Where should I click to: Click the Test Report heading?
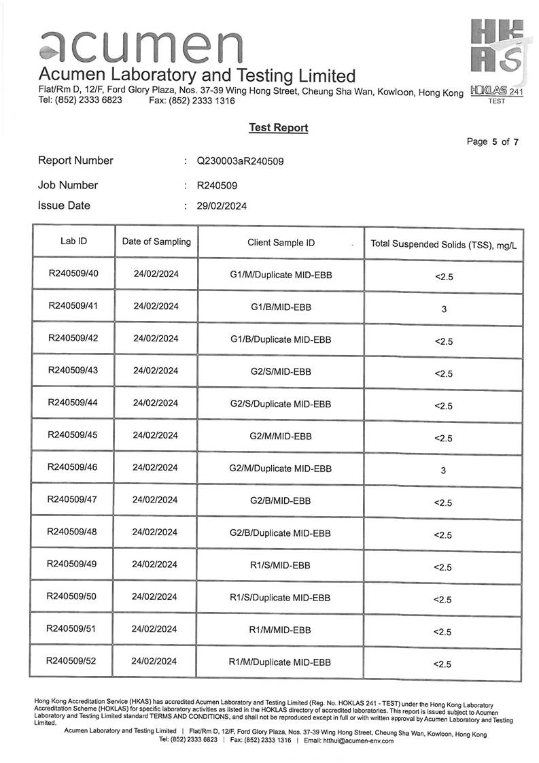(x=278, y=127)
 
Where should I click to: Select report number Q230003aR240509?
(x=240, y=161)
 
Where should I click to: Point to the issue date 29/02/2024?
(x=222, y=205)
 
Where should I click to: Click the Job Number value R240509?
(x=217, y=185)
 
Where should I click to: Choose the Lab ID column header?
(x=73, y=241)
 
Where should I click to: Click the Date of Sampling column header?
(x=156, y=241)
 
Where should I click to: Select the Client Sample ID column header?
(x=281, y=242)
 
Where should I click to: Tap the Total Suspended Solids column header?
(x=443, y=244)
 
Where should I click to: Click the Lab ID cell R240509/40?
(x=74, y=274)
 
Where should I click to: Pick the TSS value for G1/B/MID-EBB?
(x=444, y=309)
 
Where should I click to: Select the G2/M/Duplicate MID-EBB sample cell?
(x=281, y=468)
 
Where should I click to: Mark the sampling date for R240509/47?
(x=155, y=500)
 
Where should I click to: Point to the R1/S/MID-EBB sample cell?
(x=280, y=564)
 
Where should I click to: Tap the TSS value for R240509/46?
(x=443, y=470)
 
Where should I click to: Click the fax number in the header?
(x=192, y=101)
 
